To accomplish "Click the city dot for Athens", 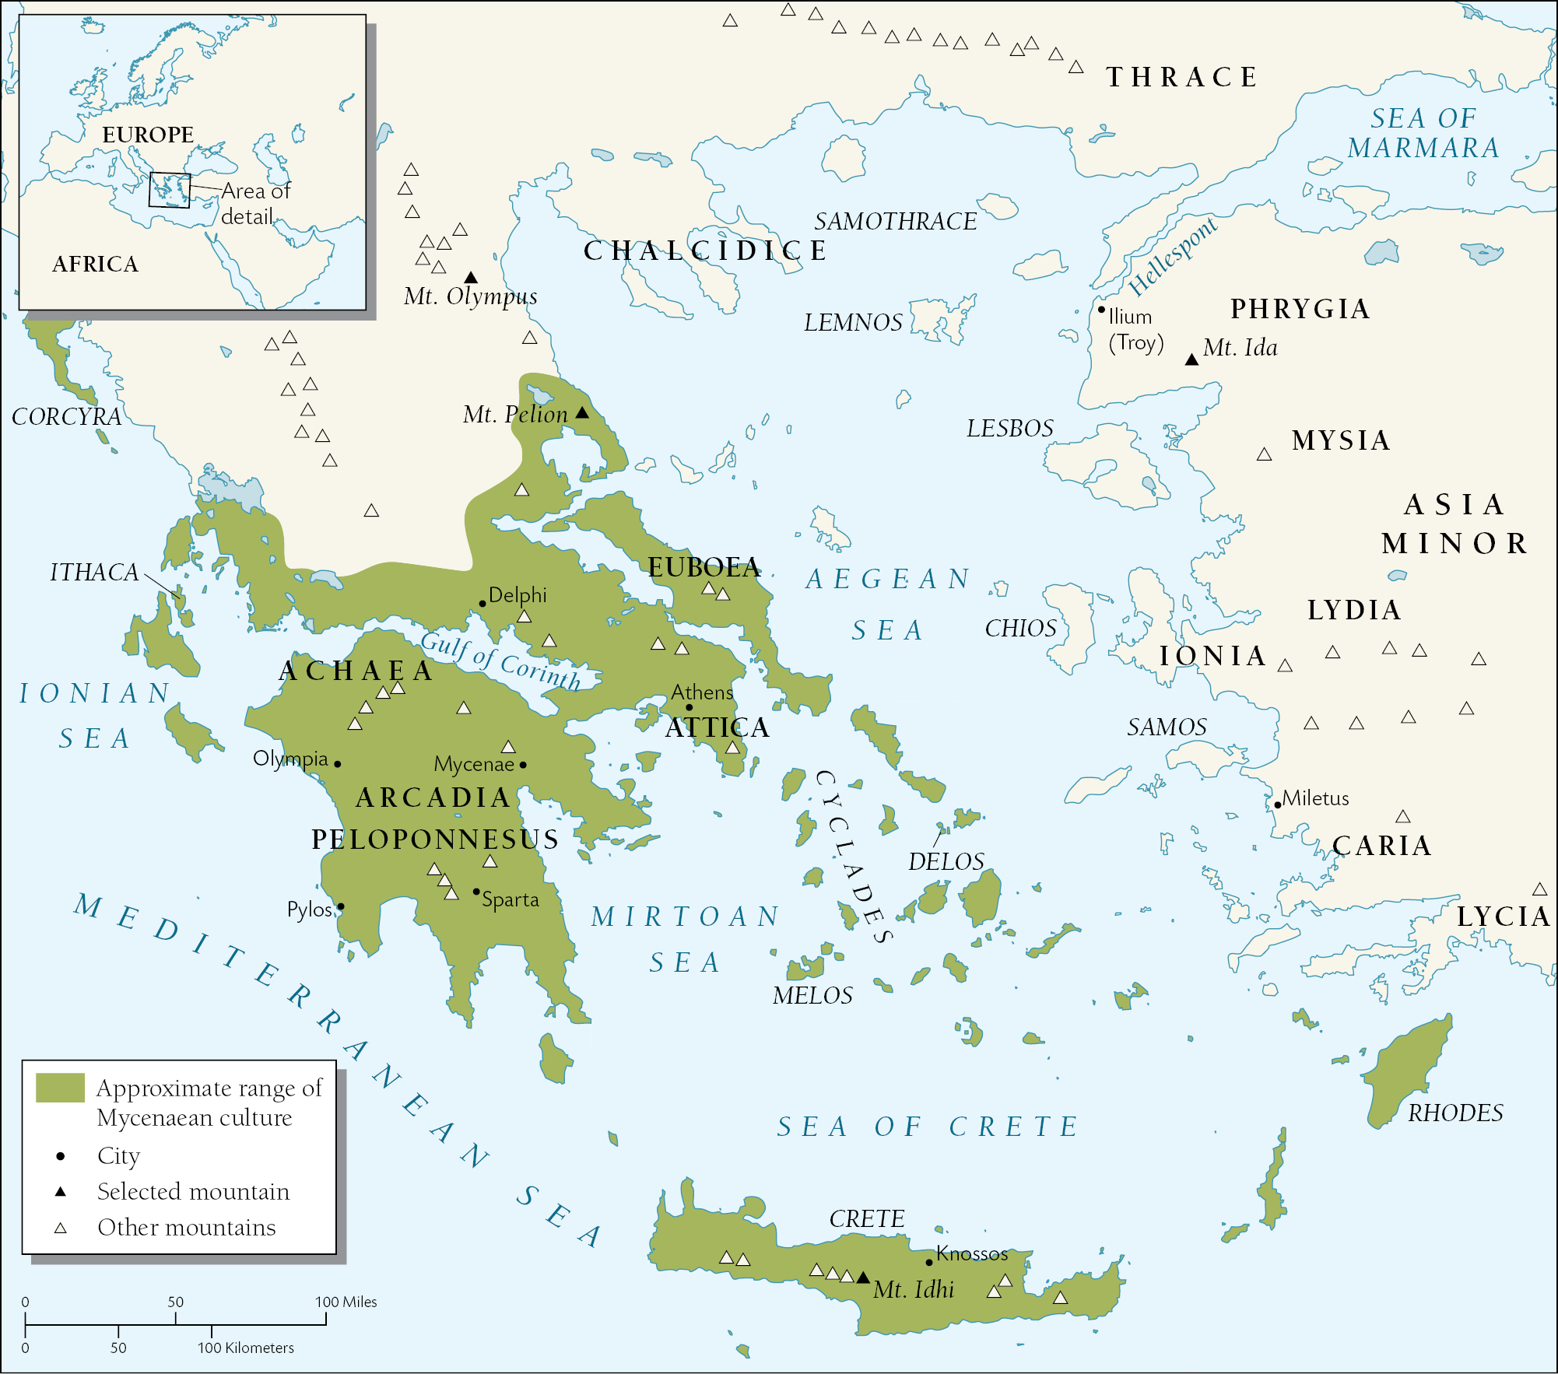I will [x=689, y=707].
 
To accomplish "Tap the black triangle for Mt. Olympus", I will [x=471, y=278].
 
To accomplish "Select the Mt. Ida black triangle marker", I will [x=1191, y=359].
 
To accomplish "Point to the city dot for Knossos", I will [x=929, y=1262].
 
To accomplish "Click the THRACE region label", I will [x=1182, y=77].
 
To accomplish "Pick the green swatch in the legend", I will [x=60, y=1088].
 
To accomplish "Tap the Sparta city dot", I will [x=476, y=892].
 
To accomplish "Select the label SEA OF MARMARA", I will [x=1423, y=133].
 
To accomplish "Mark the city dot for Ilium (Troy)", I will [x=1101, y=309].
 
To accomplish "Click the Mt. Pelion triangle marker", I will [x=582, y=413].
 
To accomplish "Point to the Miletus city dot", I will [x=1277, y=804].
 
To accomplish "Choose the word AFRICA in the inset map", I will [x=95, y=265].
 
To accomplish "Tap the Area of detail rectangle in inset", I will [x=170, y=190].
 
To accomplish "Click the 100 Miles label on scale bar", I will [x=346, y=1302].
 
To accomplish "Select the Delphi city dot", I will [x=482, y=603].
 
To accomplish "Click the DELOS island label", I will [x=946, y=861].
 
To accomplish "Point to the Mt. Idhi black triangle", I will [x=863, y=1278].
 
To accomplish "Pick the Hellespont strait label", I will [x=1172, y=257].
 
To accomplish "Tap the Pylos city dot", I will [x=340, y=906].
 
